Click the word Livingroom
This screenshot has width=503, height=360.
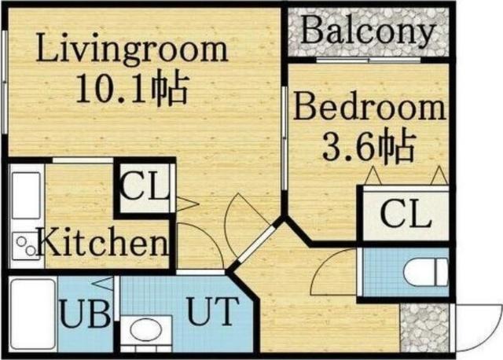[x=132, y=50]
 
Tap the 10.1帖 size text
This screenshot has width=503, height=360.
[x=132, y=89]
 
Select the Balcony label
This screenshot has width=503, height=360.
[x=368, y=31]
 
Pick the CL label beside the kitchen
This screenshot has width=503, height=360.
[x=145, y=189]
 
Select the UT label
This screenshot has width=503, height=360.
[x=210, y=312]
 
